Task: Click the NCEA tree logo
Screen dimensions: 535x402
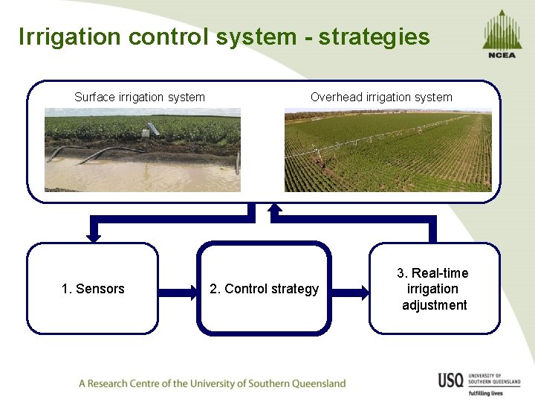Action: [502, 34]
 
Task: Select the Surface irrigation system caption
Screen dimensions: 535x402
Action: [140, 97]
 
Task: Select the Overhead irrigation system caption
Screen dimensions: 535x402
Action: [381, 97]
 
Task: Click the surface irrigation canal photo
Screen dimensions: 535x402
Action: [142, 150]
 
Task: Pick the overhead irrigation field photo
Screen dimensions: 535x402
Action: [388, 151]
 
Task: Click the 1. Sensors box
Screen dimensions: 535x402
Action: [93, 288]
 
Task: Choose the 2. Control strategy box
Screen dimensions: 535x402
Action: [264, 288]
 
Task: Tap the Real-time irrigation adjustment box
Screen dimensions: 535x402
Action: [434, 288]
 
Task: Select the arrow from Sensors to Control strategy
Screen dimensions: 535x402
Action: [178, 289]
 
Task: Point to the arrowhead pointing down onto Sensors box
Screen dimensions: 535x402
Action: [93, 235]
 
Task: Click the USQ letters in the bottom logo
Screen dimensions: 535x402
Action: [450, 380]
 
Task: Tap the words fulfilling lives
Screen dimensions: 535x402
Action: [485, 392]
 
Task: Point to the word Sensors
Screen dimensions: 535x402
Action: [100, 289]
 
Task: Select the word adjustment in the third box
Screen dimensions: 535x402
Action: [434, 305]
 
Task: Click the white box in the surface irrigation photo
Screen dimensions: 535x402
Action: [153, 129]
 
